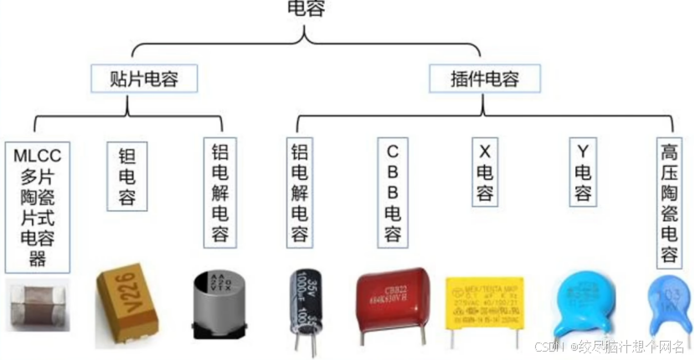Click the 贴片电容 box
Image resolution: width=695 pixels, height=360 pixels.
[143, 80]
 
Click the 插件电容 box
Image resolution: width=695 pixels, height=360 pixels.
[484, 80]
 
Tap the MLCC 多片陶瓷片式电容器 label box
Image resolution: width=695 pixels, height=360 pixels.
[38, 205]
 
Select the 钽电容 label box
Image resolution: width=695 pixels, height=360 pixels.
[129, 177]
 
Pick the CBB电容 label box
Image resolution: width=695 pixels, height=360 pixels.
[392, 193]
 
